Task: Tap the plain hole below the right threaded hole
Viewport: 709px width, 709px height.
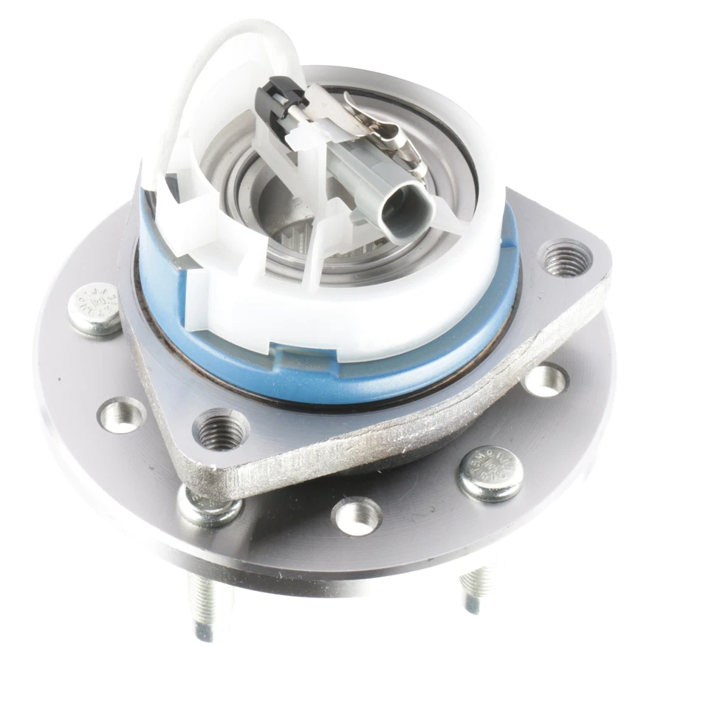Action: [546, 380]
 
